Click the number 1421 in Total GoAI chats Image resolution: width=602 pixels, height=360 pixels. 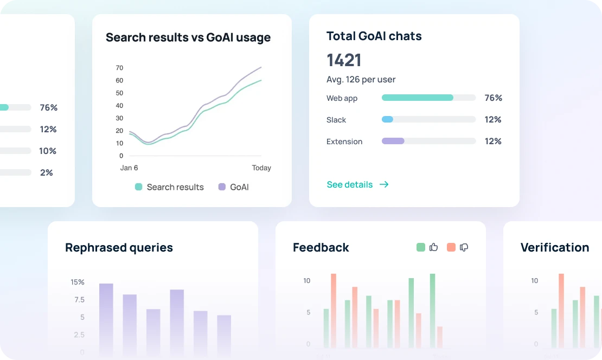(x=344, y=60)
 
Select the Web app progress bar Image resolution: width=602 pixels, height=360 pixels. (x=428, y=98)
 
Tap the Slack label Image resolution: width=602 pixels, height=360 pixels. (x=336, y=120)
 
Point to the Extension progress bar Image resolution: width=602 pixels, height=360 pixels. (x=428, y=142)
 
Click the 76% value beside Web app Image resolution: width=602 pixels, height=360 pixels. (x=493, y=98)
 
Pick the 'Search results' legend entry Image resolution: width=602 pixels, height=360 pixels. (x=169, y=187)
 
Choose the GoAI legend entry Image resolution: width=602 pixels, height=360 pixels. (x=234, y=187)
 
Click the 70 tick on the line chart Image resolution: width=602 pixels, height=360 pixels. (x=119, y=68)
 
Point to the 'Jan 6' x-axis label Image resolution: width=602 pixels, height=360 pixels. (x=129, y=168)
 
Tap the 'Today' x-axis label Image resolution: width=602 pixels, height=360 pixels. (x=261, y=168)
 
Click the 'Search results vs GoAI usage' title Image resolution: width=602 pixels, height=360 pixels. (x=188, y=37)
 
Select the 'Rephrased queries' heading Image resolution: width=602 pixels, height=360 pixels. (x=119, y=248)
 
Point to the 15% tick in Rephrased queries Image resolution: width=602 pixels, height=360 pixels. (x=78, y=282)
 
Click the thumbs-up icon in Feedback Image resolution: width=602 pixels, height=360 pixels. (x=433, y=247)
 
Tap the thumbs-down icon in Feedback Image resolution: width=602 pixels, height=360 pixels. (x=464, y=247)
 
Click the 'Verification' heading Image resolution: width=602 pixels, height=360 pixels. (x=554, y=248)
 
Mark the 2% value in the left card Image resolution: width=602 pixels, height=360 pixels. (x=47, y=173)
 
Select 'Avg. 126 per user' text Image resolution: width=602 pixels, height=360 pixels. (x=361, y=80)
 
